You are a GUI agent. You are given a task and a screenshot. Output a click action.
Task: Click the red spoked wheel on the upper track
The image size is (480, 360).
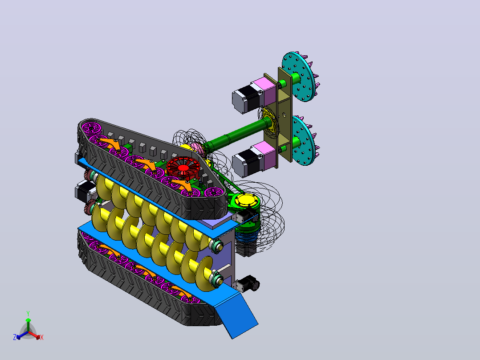click(x=183, y=168)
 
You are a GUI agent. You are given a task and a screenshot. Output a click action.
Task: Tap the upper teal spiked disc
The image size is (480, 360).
click(x=298, y=77)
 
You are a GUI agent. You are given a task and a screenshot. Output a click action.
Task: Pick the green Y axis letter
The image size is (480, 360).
click(x=28, y=314)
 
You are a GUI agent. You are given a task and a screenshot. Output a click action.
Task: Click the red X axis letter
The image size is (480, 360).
click(x=42, y=338)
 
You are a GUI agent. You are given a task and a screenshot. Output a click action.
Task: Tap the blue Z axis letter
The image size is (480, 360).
click(x=14, y=337)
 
